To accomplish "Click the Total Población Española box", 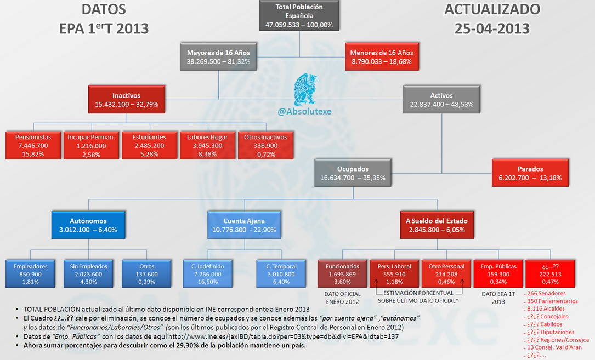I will click(299, 16).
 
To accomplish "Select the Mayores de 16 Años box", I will click(218, 57).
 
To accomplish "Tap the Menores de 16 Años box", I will click(382, 57).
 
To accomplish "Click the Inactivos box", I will click(127, 99).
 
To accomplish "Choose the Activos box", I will click(441, 99).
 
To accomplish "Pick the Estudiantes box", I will click(149, 146).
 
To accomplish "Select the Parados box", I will click(530, 173).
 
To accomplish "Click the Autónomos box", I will click(88, 225).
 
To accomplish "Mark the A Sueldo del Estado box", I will click(437, 225).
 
